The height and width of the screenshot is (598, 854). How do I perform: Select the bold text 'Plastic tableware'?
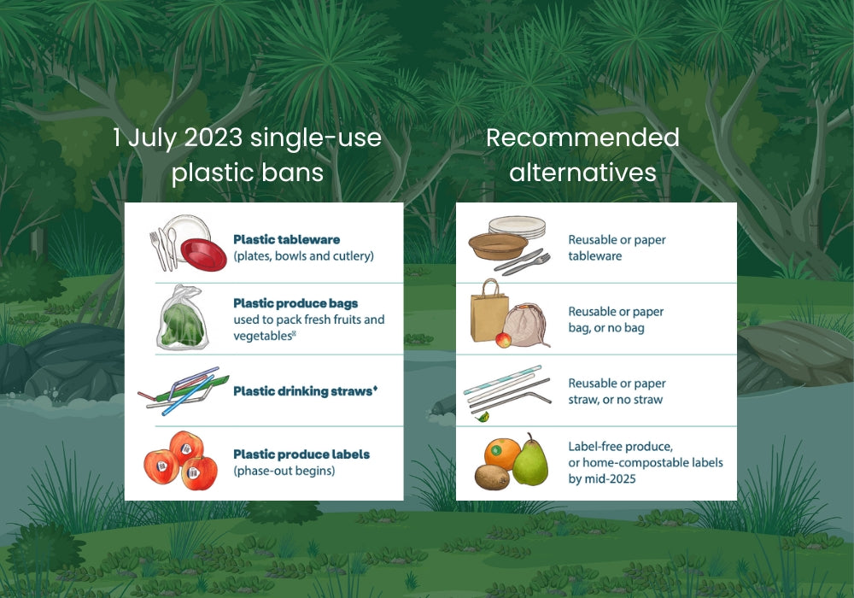(285, 240)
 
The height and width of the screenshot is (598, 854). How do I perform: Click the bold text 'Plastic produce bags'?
(295, 303)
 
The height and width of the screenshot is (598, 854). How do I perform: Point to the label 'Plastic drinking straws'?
(302, 391)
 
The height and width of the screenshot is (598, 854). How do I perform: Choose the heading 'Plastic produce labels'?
(301, 454)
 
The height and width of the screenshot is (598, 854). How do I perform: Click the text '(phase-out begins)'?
(284, 471)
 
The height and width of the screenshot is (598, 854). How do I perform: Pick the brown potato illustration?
(492, 476)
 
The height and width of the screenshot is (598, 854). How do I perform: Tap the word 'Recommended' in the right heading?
(582, 138)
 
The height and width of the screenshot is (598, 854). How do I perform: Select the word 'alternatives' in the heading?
(582, 173)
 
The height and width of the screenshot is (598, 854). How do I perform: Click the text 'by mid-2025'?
(602, 479)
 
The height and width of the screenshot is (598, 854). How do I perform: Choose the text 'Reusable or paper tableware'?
(617, 248)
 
